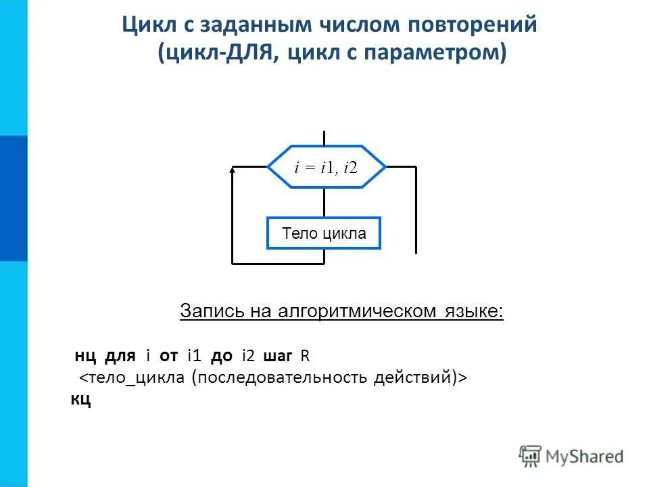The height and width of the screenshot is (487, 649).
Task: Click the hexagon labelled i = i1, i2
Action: point(326,166)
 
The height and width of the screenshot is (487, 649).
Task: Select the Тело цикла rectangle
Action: point(324,233)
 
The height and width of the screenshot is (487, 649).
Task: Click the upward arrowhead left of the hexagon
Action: point(233,171)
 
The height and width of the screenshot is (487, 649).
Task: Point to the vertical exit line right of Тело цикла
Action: point(416,210)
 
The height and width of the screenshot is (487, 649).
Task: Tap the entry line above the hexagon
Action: point(324,138)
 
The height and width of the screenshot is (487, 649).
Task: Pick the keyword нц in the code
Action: point(85,356)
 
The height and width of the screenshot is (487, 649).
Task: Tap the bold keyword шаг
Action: point(277,356)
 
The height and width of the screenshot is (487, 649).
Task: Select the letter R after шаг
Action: point(305,356)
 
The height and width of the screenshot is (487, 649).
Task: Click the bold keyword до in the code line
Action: point(222,356)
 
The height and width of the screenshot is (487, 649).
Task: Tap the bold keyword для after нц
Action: point(120,356)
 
